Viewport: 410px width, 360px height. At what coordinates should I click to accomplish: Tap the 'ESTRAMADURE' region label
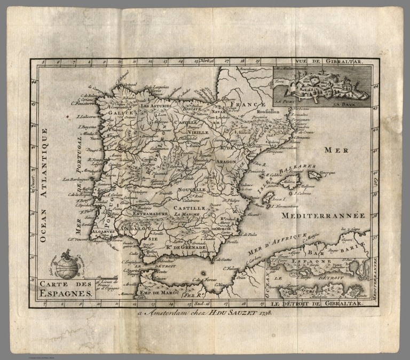(x=146, y=215)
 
